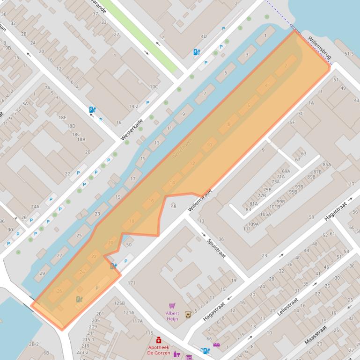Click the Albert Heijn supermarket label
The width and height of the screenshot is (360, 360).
click(x=172, y=316)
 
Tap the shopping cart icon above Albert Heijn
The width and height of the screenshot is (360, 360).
click(x=172, y=306)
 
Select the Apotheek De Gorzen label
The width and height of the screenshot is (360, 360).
click(x=158, y=350)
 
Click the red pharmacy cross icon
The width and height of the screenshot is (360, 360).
click(x=159, y=340)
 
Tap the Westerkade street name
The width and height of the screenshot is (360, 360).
click(x=132, y=129)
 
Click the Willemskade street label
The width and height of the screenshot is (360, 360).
click(x=200, y=200)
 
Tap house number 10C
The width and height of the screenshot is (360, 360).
click(x=154, y=86)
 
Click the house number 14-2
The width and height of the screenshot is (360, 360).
click(x=133, y=106)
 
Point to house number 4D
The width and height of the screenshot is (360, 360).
click(x=203, y=36)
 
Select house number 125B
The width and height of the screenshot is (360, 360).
click(x=119, y=303)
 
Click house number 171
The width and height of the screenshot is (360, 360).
click(x=131, y=283)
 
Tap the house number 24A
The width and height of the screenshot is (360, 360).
click(x=35, y=206)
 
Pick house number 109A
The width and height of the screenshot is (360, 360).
click(x=253, y=224)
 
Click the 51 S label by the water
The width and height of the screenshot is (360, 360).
click(x=349, y=54)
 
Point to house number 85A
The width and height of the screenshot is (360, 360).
click(x=326, y=165)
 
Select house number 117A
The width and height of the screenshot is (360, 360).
click(x=137, y=321)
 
